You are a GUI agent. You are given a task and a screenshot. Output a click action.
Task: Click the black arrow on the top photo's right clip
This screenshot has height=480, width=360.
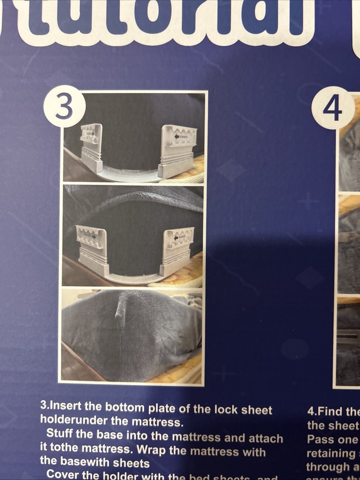[x=177, y=136]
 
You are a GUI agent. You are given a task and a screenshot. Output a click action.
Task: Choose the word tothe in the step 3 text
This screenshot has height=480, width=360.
[x=64, y=452]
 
